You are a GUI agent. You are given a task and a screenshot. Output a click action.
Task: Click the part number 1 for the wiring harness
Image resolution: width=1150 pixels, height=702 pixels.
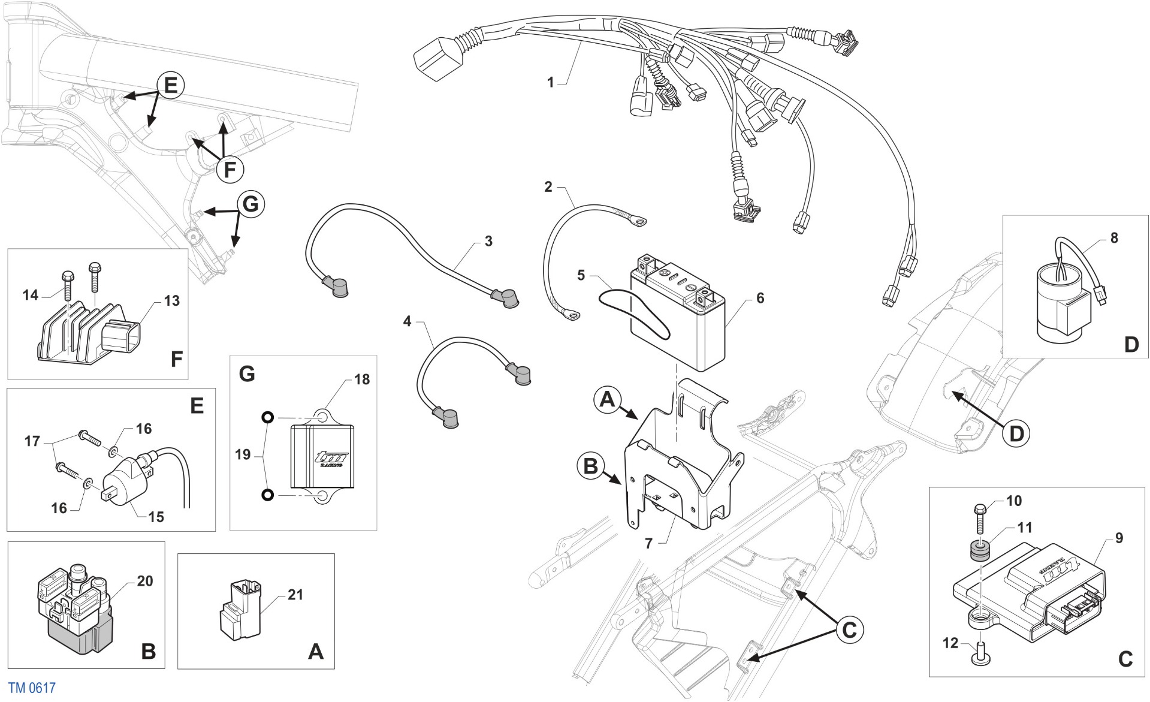coord(551,82)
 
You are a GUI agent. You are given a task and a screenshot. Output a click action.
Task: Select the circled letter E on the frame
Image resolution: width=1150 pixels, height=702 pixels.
coord(170,86)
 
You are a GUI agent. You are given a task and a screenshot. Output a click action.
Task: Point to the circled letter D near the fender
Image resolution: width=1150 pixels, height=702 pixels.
coord(1016,433)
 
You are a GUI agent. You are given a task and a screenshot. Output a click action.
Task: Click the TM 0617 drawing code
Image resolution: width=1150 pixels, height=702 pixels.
coord(32,688)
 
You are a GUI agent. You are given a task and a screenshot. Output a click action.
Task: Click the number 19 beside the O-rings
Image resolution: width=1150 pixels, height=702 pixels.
coord(243,455)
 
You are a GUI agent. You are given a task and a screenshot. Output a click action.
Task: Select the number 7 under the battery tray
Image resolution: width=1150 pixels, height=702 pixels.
coord(648,544)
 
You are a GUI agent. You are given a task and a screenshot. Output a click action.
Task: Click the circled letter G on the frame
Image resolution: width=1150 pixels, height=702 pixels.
coord(250,204)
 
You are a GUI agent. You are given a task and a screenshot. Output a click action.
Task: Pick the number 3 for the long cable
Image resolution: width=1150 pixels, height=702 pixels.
coord(488,241)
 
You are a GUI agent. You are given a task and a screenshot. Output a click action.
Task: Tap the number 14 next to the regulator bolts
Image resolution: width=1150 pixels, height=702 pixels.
coord(31,295)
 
